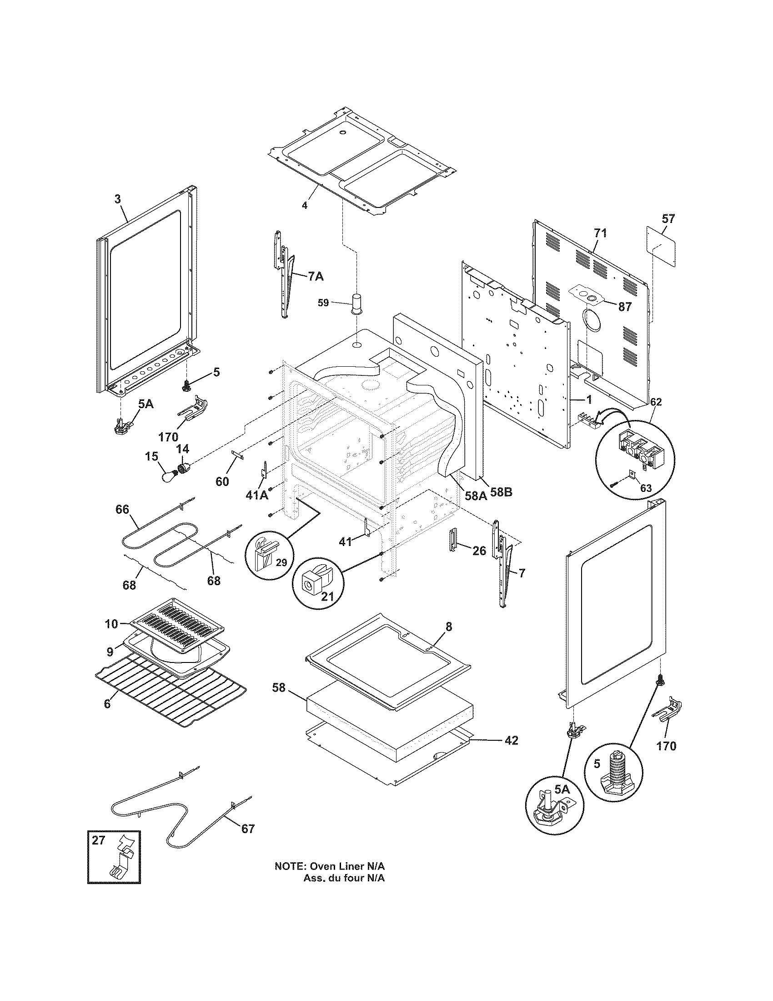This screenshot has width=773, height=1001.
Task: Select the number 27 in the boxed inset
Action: coord(99,840)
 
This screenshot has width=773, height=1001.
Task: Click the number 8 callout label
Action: coord(448,626)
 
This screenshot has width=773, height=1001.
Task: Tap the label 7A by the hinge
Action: coord(316,276)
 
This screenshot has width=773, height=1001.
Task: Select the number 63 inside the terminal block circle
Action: coord(645,488)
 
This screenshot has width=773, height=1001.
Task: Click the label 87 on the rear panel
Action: coord(625,307)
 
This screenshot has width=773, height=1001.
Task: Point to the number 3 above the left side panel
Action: coord(118,199)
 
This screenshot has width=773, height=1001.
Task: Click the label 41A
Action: coord(257,495)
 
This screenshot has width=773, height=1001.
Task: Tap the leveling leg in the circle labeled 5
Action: coord(614,776)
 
